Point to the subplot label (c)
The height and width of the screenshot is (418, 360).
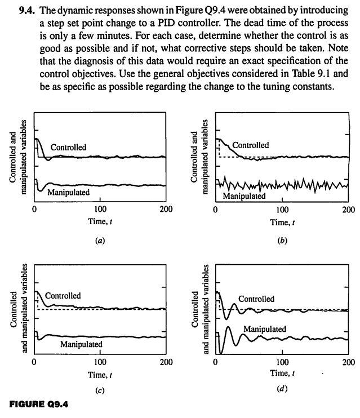pos(100,389)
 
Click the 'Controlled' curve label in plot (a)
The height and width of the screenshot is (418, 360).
pos(69,148)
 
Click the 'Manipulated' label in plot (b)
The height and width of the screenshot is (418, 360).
pos(245,197)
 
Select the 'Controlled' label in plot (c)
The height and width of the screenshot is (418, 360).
pos(63,296)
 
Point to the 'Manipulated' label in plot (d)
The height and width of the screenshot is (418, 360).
pos(265,328)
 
